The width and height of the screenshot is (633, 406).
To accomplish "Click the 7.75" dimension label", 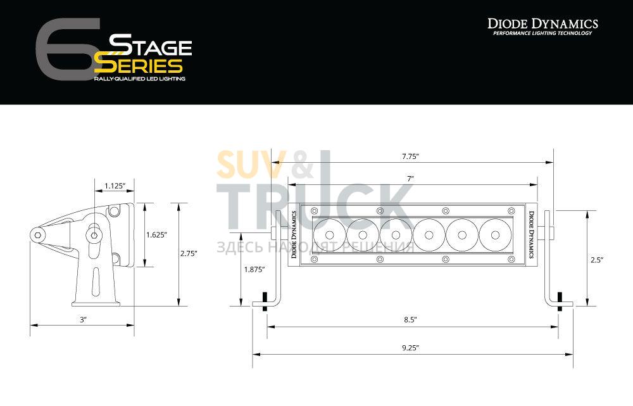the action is pyautogui.click(x=411, y=156).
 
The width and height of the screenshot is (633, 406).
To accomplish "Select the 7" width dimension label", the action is pyautogui.click(x=411, y=179).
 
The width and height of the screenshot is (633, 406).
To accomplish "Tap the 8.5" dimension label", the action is pyautogui.click(x=410, y=320).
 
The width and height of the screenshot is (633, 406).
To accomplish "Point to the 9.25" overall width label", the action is pyautogui.click(x=411, y=348).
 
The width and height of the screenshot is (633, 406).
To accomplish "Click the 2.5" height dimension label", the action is pyautogui.click(x=596, y=260).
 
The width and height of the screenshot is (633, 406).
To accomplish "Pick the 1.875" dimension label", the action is pyautogui.click(x=254, y=269).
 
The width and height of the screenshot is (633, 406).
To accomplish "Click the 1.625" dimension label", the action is pyautogui.click(x=156, y=235).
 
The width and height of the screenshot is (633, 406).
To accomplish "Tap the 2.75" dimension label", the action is pyautogui.click(x=189, y=254).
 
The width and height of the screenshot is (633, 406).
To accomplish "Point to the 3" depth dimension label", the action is pyautogui.click(x=83, y=320).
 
